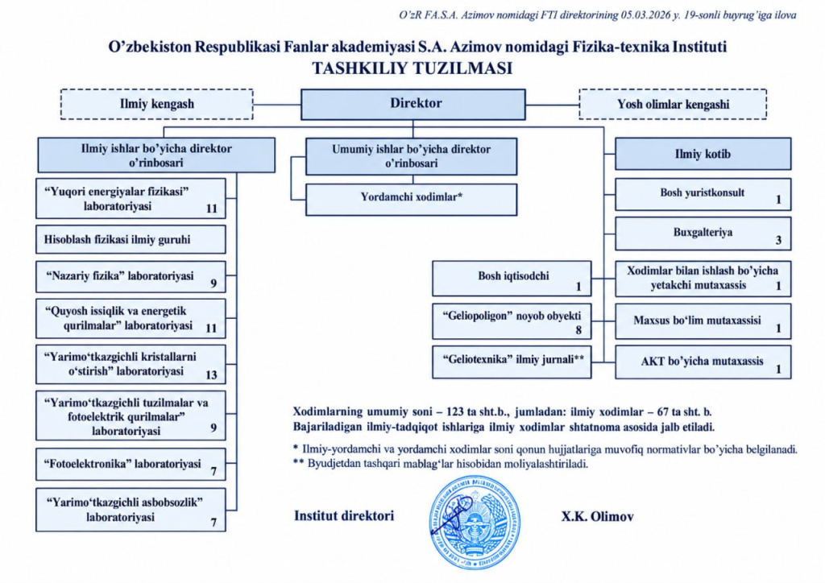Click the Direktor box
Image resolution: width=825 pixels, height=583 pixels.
pos(413,104)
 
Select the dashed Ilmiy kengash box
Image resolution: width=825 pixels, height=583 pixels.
pos(157,104)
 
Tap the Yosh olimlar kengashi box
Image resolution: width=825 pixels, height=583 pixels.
pos(673,104)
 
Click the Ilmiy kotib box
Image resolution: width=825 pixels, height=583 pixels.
pos(703,154)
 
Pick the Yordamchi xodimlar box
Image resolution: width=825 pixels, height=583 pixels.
pos(412,199)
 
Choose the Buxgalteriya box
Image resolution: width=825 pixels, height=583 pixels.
pos(703,234)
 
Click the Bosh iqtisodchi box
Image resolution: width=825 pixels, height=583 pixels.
pos(512,278)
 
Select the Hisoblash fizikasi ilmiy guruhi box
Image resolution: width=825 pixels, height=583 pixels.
pos(131,240)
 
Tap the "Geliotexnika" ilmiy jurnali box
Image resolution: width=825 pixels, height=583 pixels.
pos(512,362)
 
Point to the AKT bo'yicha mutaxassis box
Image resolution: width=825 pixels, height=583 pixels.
pos(703,362)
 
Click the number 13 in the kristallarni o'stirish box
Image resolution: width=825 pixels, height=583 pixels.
pos(211,374)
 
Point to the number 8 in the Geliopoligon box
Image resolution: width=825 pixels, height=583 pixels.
pos(578,330)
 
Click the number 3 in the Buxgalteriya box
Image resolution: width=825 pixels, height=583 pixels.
pos(779,240)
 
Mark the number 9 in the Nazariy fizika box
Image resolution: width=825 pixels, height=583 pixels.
pos(214,283)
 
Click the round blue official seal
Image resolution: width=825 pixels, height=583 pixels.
pos(475,522)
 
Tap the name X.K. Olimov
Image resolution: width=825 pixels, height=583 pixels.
pos(597,517)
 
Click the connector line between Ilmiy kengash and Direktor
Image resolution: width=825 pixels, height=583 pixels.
pos(277,105)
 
